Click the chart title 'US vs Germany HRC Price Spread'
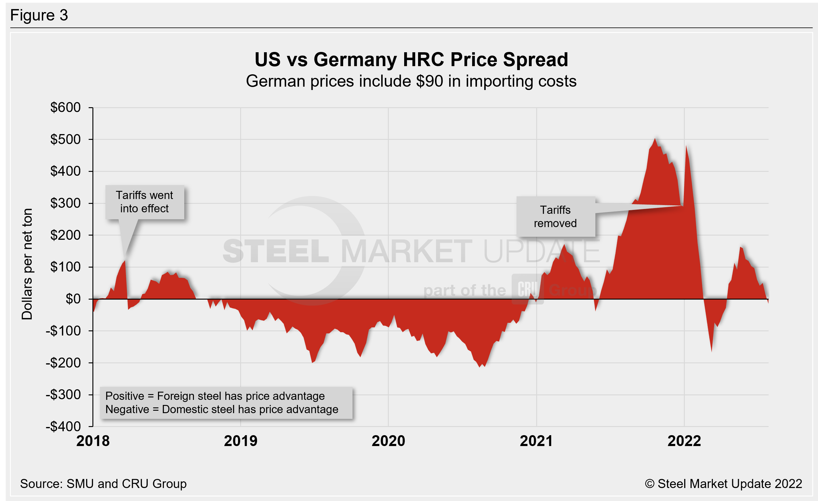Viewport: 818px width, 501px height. pyautogui.click(x=411, y=60)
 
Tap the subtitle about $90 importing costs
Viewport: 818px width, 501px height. pyautogui.click(x=411, y=81)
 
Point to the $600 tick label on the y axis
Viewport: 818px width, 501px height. pyautogui.click(x=66, y=107)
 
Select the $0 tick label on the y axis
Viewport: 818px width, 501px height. pyautogui.click(x=73, y=299)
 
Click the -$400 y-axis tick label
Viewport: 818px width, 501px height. pyautogui.click(x=63, y=426)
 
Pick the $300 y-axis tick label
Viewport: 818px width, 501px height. pyautogui.click(x=66, y=203)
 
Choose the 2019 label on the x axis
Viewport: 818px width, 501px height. pyautogui.click(x=240, y=441)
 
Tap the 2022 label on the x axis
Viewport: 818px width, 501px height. pyautogui.click(x=684, y=441)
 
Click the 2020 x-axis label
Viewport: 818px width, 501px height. pyautogui.click(x=388, y=441)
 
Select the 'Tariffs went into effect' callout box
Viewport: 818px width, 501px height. pyautogui.click(x=144, y=202)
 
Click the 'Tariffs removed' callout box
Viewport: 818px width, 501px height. pyautogui.click(x=556, y=216)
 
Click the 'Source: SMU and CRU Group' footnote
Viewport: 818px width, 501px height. pyautogui.click(x=103, y=484)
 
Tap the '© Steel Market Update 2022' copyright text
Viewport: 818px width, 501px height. pyautogui.click(x=723, y=484)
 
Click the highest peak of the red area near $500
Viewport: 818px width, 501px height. pyautogui.click(x=655, y=139)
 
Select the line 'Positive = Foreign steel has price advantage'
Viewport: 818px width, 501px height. pyautogui.click(x=215, y=396)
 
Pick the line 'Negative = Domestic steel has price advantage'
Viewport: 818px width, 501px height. pyautogui.click(x=221, y=409)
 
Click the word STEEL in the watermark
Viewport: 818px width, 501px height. pyautogui.click(x=275, y=251)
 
